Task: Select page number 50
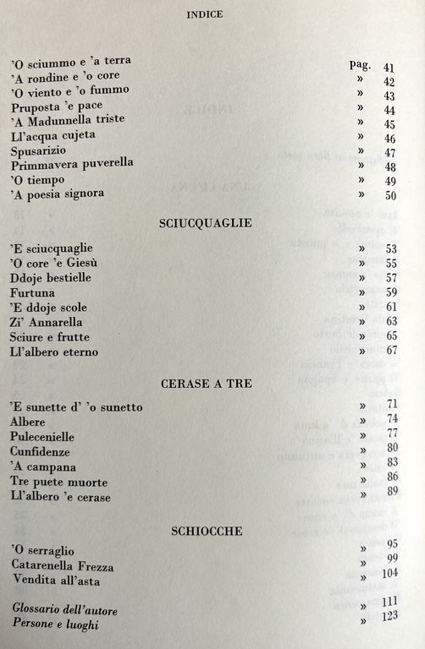[x=389, y=196]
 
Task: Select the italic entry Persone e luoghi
[x=61, y=623]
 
